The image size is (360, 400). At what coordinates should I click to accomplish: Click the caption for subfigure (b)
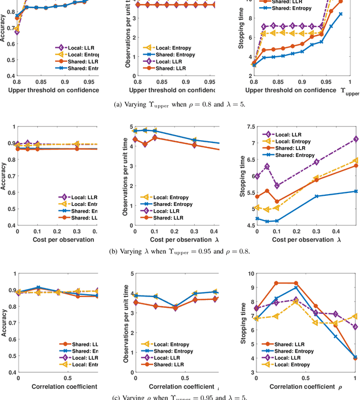(179, 251)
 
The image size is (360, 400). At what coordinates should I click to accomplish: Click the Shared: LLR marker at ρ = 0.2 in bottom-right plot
(276, 283)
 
